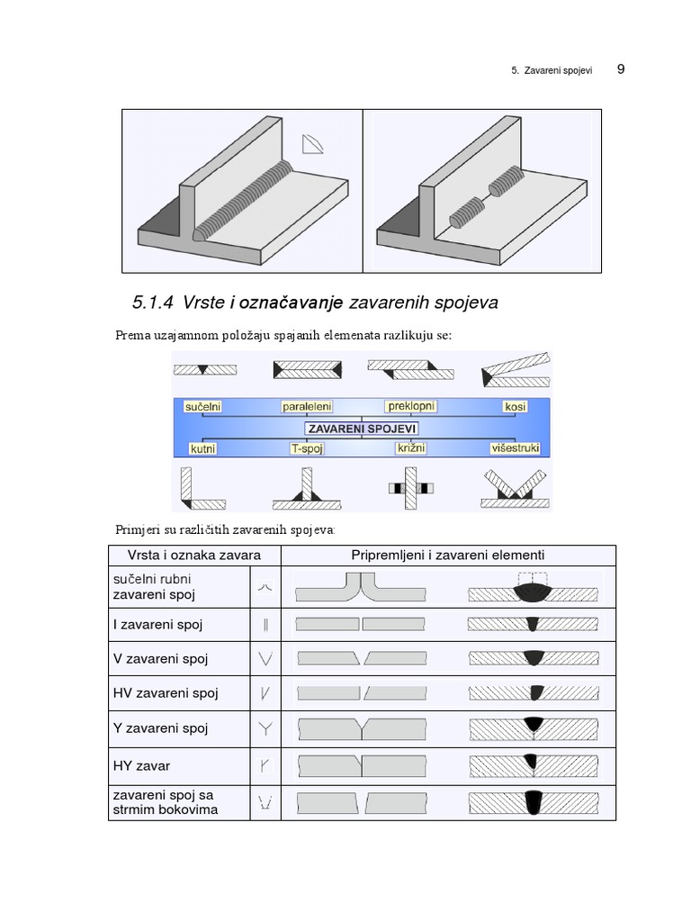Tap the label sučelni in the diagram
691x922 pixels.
(x=202, y=407)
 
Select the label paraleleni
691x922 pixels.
(x=310, y=407)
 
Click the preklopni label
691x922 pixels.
(x=411, y=406)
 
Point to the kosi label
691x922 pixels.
(x=516, y=407)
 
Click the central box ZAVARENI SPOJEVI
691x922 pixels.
(x=361, y=429)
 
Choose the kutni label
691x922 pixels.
(x=203, y=447)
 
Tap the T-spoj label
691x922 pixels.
(x=307, y=447)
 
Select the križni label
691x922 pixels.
(x=410, y=447)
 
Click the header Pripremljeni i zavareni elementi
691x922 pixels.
(x=447, y=556)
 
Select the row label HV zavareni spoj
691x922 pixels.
(x=166, y=693)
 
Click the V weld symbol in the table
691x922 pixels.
(x=265, y=658)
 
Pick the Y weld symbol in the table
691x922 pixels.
(x=265, y=728)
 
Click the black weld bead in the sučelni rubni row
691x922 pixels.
(x=533, y=592)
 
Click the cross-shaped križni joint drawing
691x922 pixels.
(x=410, y=488)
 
